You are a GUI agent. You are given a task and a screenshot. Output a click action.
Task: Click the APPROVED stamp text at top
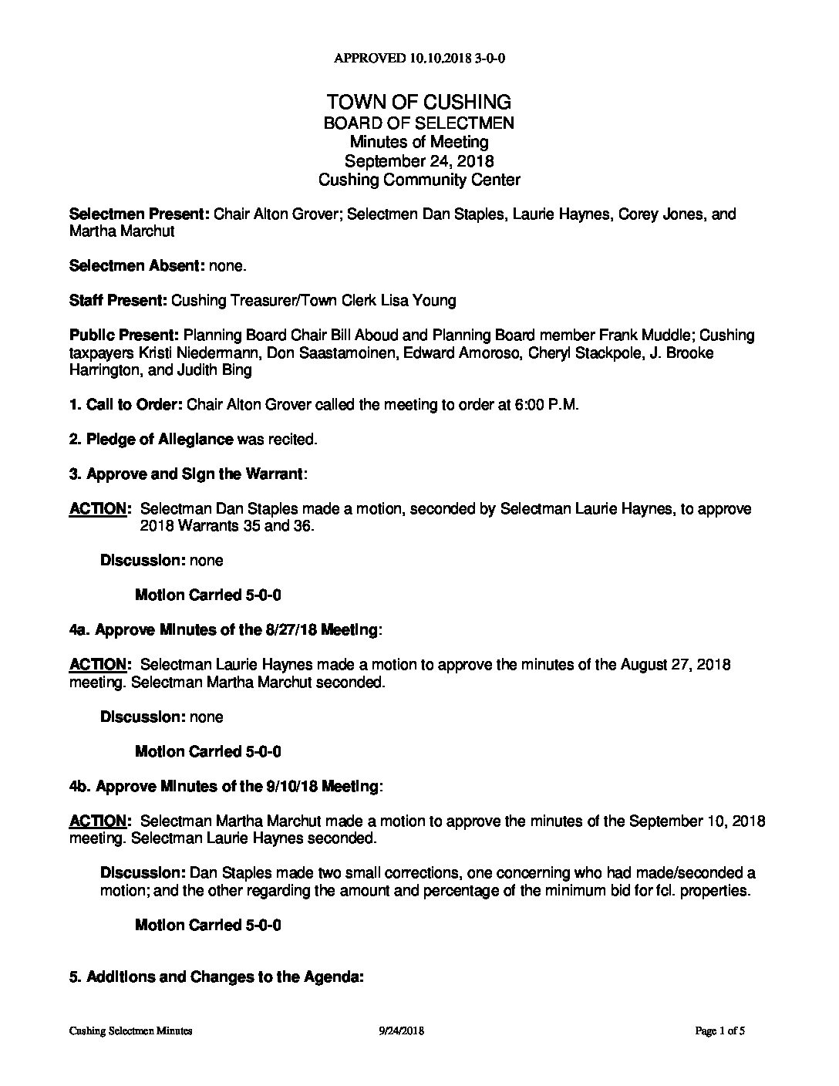pyautogui.click(x=419, y=58)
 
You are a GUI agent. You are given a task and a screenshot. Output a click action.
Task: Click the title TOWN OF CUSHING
pyautogui.click(x=419, y=102)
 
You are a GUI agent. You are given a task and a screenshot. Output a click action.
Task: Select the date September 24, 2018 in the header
pyautogui.click(x=419, y=161)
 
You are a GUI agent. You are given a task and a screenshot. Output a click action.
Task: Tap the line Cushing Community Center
pyautogui.click(x=419, y=180)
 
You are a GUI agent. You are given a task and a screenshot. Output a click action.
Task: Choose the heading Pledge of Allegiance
pyautogui.click(x=160, y=440)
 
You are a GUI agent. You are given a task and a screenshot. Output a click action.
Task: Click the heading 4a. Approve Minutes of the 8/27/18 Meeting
pyautogui.click(x=224, y=630)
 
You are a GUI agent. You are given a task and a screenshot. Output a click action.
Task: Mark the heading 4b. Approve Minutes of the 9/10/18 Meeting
pyautogui.click(x=224, y=787)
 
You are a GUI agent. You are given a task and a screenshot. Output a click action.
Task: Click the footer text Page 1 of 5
pyautogui.click(x=719, y=1030)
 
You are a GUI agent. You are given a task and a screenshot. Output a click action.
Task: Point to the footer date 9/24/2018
pyautogui.click(x=402, y=1030)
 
